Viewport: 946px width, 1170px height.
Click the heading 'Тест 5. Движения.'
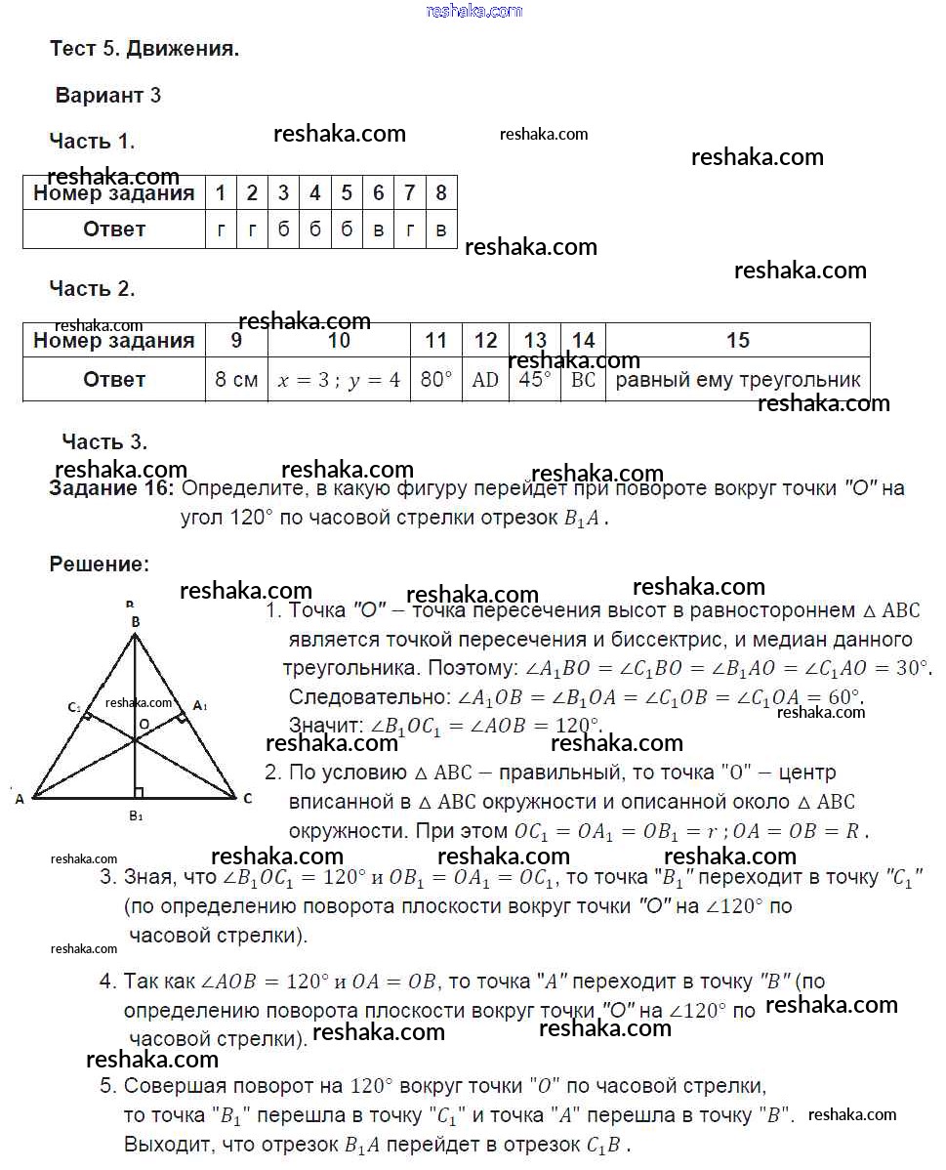point(144,49)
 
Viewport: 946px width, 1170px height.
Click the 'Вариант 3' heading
point(107,96)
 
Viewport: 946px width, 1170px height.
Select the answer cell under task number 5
point(347,230)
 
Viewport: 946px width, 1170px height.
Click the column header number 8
point(441,193)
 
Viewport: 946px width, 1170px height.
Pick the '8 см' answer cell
point(236,380)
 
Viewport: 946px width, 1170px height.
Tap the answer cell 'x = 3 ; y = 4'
point(339,380)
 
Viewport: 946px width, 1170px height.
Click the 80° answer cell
point(435,380)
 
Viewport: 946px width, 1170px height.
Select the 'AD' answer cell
point(485,380)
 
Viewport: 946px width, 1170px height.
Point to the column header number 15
point(738,340)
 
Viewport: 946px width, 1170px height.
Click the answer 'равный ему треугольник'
point(738,380)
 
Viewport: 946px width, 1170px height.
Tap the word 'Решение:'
point(100,564)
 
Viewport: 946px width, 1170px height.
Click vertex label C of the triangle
point(248,799)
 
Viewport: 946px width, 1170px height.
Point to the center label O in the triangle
point(143,725)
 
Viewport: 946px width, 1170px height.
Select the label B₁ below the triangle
point(136,815)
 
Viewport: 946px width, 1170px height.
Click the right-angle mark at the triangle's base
point(139,792)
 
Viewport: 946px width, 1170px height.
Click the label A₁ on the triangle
point(200,705)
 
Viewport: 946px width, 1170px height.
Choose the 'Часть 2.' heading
point(92,288)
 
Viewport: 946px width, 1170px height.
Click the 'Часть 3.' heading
point(104,441)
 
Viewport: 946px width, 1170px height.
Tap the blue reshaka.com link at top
point(474,11)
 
